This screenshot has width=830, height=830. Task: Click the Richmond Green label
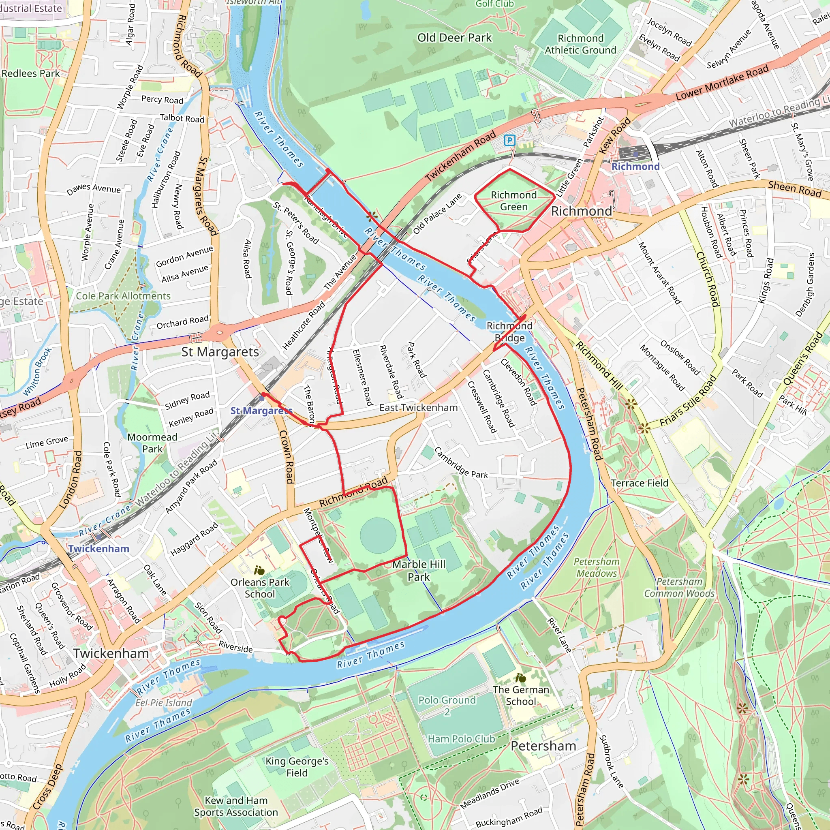(x=514, y=201)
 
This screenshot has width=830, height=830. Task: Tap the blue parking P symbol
(x=509, y=140)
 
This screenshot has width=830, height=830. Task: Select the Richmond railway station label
(x=635, y=167)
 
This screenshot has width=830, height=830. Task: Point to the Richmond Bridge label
(x=509, y=332)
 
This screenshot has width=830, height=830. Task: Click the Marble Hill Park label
(x=419, y=571)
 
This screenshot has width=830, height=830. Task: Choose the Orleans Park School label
(x=260, y=588)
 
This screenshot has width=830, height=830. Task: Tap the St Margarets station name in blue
(x=261, y=411)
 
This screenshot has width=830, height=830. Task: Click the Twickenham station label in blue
(x=98, y=549)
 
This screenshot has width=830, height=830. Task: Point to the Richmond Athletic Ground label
(x=580, y=44)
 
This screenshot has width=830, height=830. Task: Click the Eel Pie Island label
(x=164, y=702)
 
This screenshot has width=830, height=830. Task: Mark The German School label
(x=521, y=695)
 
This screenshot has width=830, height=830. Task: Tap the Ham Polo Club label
(x=461, y=739)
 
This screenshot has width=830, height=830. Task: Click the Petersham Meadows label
(x=597, y=567)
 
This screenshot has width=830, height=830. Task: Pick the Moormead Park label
(x=152, y=443)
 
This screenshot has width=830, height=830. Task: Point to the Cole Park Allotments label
(x=123, y=296)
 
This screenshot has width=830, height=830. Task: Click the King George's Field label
(x=297, y=767)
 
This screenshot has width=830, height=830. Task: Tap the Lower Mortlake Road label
(x=722, y=83)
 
